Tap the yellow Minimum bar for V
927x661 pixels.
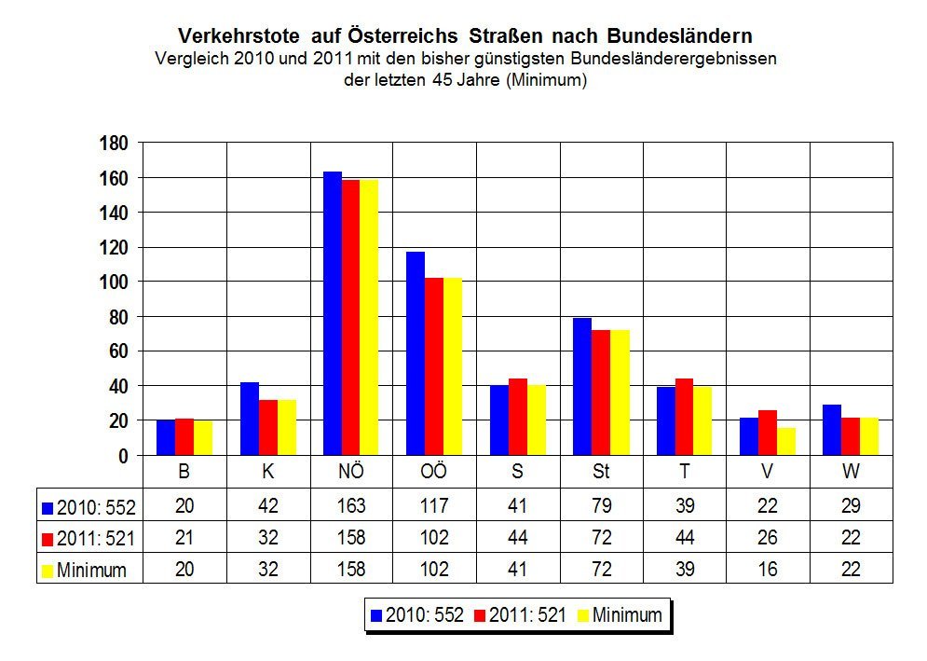coord(786,441)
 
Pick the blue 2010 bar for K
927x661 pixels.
coord(250,419)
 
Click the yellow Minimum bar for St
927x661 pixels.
coord(620,392)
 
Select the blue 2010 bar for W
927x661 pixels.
coord(832,430)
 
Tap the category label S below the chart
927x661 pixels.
coord(517,472)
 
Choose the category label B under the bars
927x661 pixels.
coord(184,472)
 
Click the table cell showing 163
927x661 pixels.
coord(351,507)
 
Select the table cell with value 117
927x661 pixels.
coord(434,507)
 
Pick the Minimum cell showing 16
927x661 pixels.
coord(768,569)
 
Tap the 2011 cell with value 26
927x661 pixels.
coord(768,538)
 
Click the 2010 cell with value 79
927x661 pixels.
coord(601,507)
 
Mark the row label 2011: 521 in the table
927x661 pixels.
coord(89,539)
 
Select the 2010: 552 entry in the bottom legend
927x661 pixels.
coord(416,615)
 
